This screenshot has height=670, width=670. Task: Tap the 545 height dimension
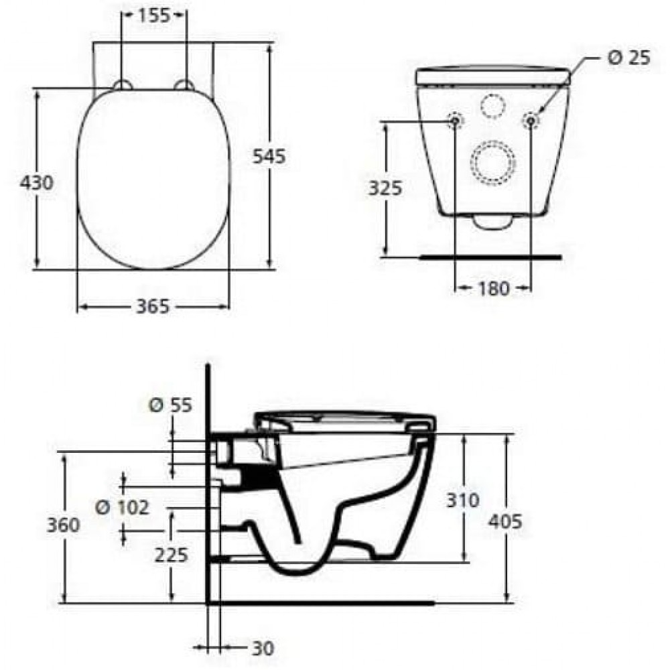tap(269, 156)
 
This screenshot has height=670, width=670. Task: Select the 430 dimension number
tap(37, 182)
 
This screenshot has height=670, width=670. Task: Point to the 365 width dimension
tap(153, 306)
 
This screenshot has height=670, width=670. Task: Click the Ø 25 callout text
tap(628, 58)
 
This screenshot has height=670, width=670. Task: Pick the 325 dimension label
tap(385, 188)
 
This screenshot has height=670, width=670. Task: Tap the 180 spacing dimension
tap(493, 288)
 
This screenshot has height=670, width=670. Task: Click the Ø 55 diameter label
tap(170, 405)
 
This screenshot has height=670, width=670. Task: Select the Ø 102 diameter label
tap(122, 507)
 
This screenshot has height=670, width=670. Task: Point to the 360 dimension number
tap(63, 525)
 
